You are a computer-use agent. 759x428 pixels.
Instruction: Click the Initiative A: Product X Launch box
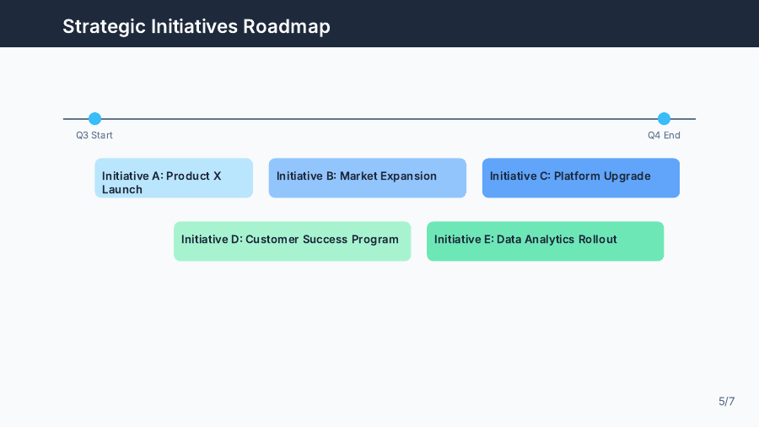coord(173,178)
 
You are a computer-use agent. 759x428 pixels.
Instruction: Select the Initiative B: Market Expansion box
coord(367,178)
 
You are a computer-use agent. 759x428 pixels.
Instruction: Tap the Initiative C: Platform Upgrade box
coord(580,178)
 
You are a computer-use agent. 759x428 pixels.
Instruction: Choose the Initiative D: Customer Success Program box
coord(292,241)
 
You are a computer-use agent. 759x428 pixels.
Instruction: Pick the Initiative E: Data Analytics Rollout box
coord(545,241)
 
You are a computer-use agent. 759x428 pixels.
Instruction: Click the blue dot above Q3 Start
coord(94,119)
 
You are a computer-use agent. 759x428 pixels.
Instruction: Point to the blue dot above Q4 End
coord(664,119)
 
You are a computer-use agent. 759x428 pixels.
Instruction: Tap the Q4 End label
coord(664,135)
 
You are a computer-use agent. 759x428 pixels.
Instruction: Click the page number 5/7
coord(726,401)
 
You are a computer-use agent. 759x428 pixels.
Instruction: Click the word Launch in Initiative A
coord(122,190)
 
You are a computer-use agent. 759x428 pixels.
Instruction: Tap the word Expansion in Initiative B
coord(408,176)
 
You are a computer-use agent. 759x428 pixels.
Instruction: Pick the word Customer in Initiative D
coord(273,240)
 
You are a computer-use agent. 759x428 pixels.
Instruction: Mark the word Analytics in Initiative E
coord(549,240)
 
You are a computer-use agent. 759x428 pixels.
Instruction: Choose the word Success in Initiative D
coord(326,240)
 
